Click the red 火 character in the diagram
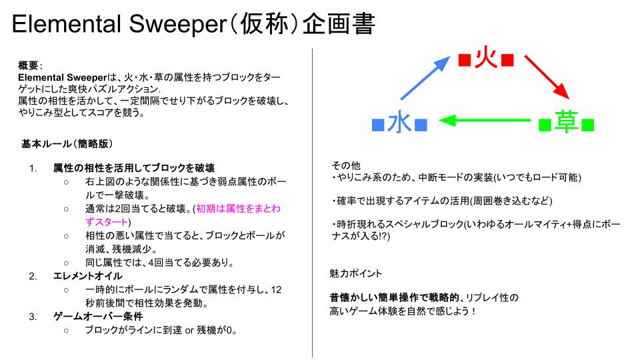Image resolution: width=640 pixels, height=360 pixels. click(486, 59)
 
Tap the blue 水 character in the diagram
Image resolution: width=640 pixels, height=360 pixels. click(399, 123)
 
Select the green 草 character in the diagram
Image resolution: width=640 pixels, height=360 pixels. click(567, 123)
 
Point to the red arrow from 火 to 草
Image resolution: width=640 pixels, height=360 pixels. click(547, 77)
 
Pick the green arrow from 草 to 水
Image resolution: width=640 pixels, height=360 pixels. click(484, 121)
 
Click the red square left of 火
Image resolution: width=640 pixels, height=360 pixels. click(465, 60)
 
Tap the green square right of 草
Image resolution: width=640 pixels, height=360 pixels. click(588, 125)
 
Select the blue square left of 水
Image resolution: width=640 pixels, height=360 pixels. click(379, 125)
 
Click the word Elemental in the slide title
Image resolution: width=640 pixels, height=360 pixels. click(67, 24)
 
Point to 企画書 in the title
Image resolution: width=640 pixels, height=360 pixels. click(339, 24)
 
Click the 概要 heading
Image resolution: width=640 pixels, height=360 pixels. click(28, 65)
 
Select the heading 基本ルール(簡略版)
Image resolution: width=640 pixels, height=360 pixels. click(67, 144)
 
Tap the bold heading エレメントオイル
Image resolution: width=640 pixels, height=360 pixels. click(88, 276)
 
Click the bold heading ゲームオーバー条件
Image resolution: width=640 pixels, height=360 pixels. click(98, 316)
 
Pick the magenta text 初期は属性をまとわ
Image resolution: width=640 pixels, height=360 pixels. click(239, 209)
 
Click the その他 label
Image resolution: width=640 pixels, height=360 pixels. click(346, 165)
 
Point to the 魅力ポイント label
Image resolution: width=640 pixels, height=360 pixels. click(355, 273)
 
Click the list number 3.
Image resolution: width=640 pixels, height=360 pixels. click(33, 317)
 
